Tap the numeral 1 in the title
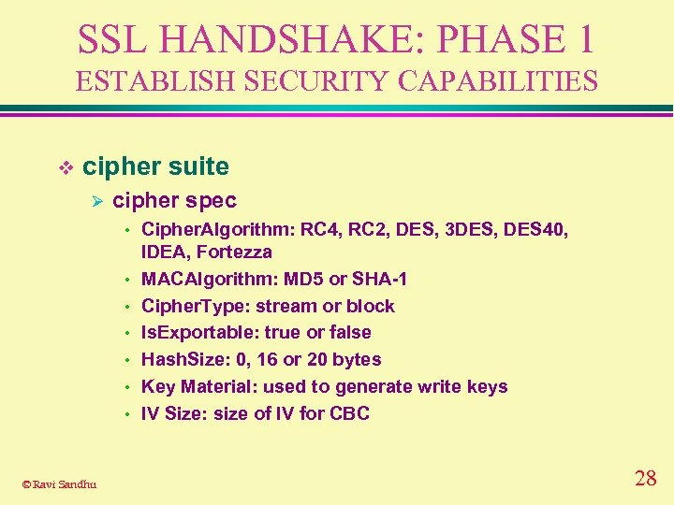click(x=583, y=38)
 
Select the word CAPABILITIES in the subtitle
click(x=498, y=81)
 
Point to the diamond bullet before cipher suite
click(x=66, y=167)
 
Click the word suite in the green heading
click(x=197, y=166)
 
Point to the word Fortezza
click(x=235, y=252)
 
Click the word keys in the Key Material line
click(x=488, y=386)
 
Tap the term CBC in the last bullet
click(x=349, y=413)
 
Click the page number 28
click(x=645, y=479)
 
